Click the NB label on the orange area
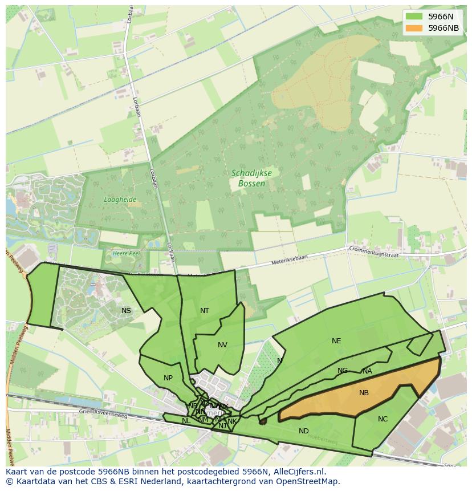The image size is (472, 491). [364, 392]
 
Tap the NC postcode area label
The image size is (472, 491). [383, 419]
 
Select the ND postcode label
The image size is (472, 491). [304, 431]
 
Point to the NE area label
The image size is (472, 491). [336, 340]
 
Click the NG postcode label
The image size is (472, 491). [342, 370]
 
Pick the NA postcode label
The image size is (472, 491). [367, 371]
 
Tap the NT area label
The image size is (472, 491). [205, 310]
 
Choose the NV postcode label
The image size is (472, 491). [222, 344]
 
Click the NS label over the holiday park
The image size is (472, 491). [126, 310]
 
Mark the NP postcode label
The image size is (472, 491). [168, 378]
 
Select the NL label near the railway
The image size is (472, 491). [186, 420]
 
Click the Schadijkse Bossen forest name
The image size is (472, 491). [248, 178]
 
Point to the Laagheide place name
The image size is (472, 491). [120, 200]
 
